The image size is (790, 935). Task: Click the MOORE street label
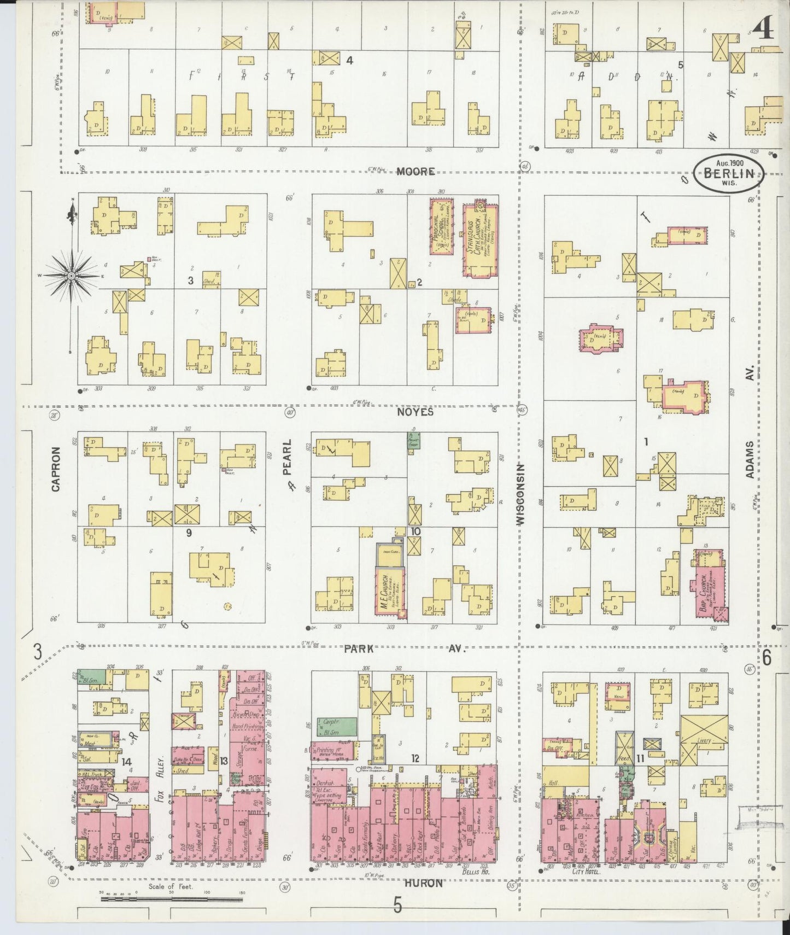[416, 172]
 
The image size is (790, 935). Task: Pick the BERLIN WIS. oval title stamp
[729, 174]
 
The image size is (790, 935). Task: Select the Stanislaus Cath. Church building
[479, 239]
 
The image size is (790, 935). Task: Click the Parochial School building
[441, 226]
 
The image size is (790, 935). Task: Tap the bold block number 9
[189, 533]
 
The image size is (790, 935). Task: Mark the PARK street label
[359, 648]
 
